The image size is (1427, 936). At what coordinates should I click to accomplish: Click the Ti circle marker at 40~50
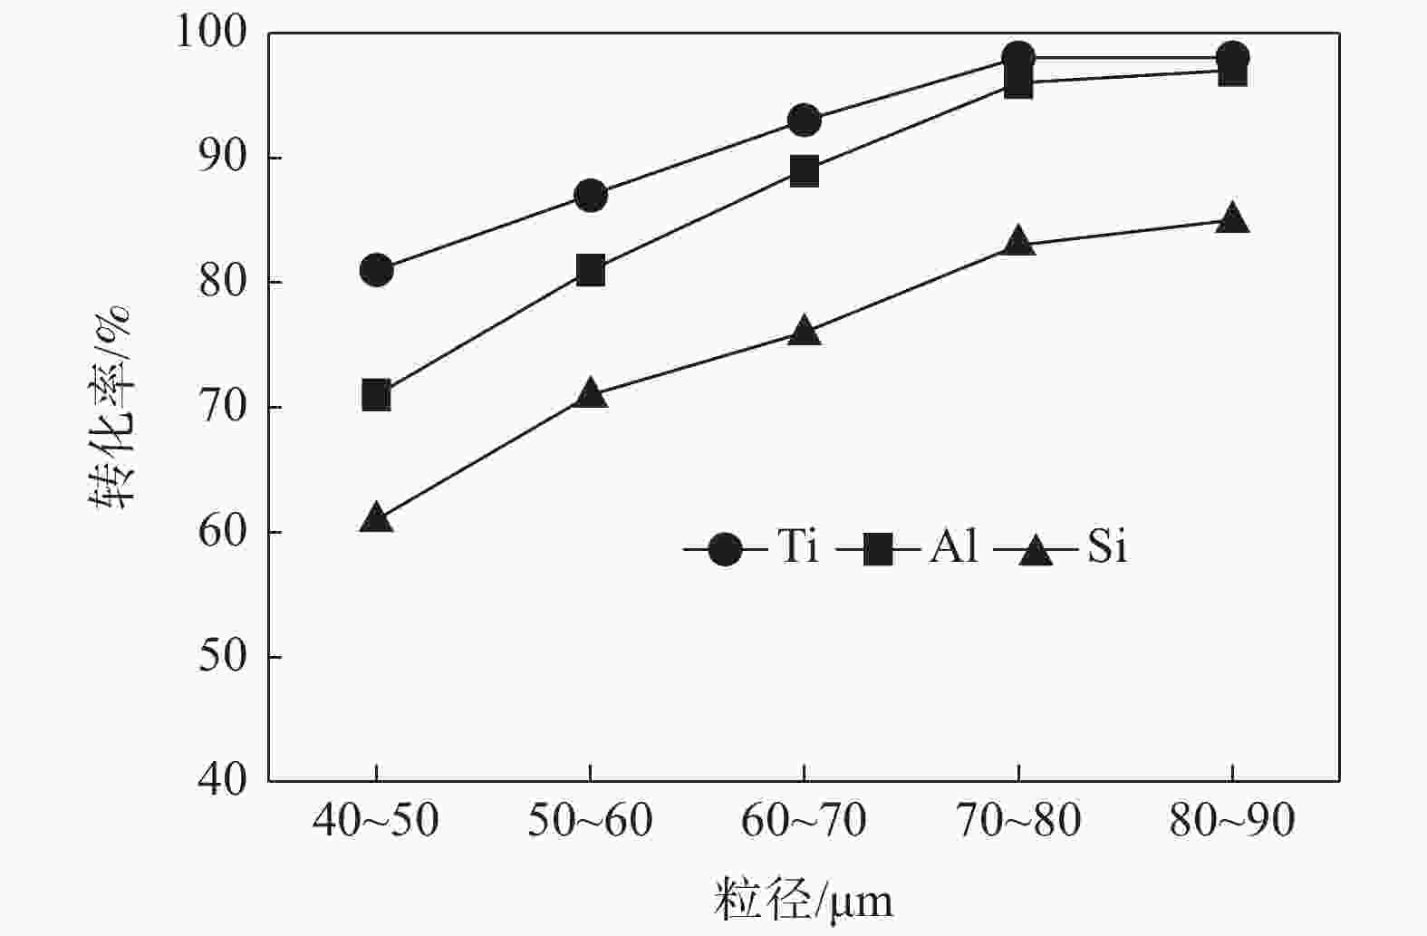tap(376, 270)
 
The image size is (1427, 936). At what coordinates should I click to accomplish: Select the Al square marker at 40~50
tap(376, 395)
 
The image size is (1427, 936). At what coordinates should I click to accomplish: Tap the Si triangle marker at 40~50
tap(376, 518)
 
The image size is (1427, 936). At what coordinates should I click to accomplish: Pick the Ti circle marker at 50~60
tap(590, 195)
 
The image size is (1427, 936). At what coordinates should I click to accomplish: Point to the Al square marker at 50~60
tap(590, 270)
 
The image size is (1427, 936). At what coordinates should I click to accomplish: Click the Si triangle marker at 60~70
tap(805, 332)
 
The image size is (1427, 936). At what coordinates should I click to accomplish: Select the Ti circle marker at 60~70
tap(805, 120)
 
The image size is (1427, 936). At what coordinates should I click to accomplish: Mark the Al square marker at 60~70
tap(805, 170)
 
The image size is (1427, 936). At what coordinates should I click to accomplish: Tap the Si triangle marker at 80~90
tap(1232, 219)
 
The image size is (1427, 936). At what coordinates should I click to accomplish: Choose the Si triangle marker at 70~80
tap(1018, 242)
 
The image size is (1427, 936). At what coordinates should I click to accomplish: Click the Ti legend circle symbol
tap(725, 548)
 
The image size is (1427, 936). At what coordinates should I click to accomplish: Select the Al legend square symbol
tap(878, 548)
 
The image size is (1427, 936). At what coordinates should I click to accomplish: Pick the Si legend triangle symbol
tap(1036, 549)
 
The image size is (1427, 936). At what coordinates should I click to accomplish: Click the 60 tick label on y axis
tap(222, 532)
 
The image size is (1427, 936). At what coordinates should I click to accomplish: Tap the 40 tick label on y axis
tap(222, 780)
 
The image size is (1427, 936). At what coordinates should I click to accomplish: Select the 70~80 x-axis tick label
tap(1018, 821)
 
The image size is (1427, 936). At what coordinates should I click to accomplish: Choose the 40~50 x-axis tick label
tap(376, 821)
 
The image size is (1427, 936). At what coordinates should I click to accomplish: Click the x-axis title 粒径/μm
tap(804, 900)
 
